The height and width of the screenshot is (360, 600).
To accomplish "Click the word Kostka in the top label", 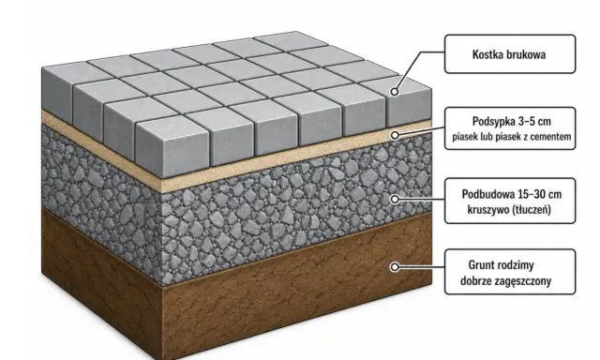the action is [486, 54].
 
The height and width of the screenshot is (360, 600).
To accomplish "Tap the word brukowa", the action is [524, 54].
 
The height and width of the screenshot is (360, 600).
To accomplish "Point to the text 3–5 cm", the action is [534, 121].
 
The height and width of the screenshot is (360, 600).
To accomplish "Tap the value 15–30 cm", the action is [540, 194].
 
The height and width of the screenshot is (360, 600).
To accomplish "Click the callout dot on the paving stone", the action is [395, 92].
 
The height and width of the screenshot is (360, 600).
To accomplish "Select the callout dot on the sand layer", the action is [395, 135].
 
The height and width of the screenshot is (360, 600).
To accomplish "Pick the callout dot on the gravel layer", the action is [395, 199].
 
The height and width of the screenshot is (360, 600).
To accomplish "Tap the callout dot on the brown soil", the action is [395, 266].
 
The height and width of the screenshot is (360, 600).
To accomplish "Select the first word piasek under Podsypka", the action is [463, 137].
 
